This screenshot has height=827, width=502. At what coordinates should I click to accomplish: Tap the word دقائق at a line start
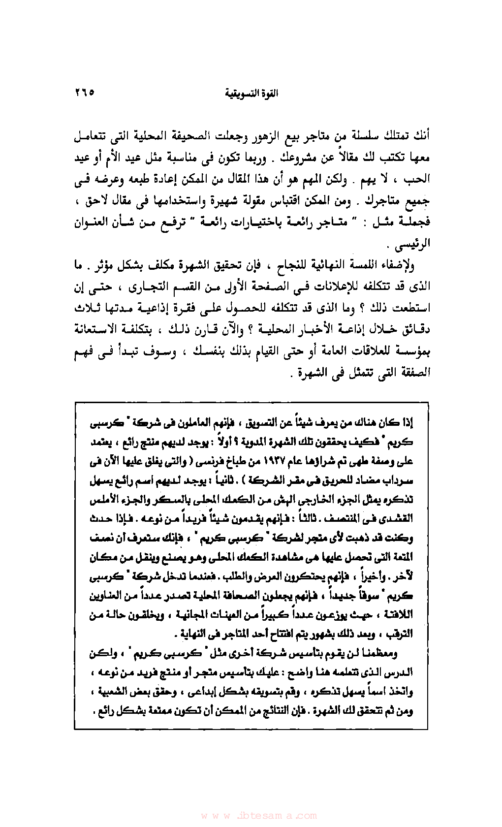417,329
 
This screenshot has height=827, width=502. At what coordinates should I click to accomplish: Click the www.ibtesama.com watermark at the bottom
251,815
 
